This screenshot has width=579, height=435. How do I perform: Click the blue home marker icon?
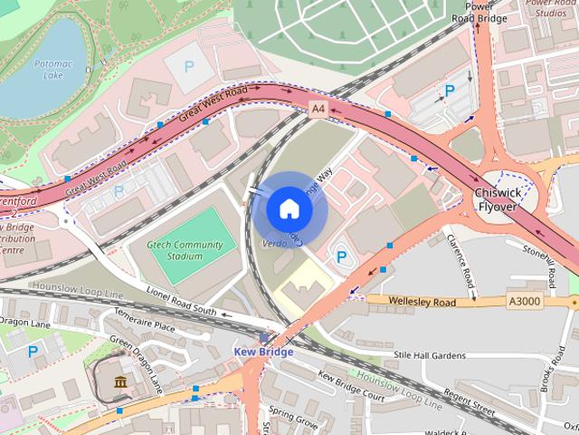click(x=289, y=209)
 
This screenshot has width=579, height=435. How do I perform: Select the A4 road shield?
click(x=317, y=109)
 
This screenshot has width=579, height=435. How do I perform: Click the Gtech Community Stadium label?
click(x=185, y=250)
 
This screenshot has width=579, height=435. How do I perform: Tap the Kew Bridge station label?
click(x=263, y=352)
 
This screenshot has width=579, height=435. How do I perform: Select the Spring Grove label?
click(x=292, y=420)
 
